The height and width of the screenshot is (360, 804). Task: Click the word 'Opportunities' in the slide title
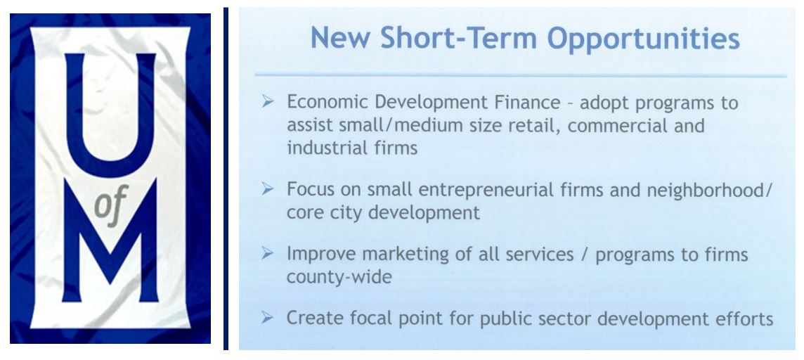[x=644, y=39]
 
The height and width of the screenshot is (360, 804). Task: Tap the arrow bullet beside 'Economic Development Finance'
[x=268, y=101]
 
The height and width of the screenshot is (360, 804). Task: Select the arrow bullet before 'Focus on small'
[x=268, y=188]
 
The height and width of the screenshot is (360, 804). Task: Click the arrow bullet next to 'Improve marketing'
[x=268, y=253]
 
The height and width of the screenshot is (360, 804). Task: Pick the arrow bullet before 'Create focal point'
[x=268, y=317]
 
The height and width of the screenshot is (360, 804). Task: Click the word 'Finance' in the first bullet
[x=528, y=102]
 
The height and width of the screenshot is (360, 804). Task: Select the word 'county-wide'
[x=339, y=277]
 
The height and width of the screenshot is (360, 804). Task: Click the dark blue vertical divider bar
[x=226, y=179]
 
